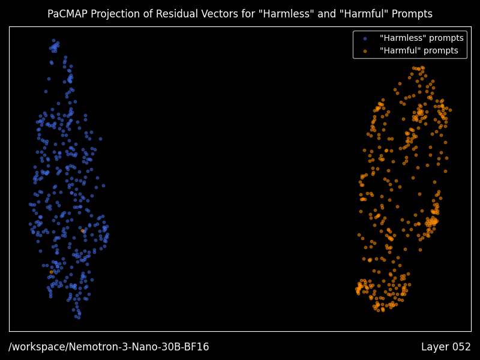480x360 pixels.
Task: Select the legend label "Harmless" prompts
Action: pyautogui.click(x=422, y=38)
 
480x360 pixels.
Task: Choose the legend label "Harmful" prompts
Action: pyautogui.click(x=419, y=50)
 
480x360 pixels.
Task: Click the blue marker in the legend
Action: pyautogui.click(x=365, y=39)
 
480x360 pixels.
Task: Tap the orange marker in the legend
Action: pyautogui.click(x=365, y=52)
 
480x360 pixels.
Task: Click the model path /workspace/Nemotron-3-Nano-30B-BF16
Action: pyautogui.click(x=109, y=347)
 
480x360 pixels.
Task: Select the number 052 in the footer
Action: pyautogui.click(x=460, y=347)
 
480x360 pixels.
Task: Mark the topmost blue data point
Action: pyautogui.click(x=53, y=40)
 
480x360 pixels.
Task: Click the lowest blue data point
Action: pyautogui.click(x=79, y=317)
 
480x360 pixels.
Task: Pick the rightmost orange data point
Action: pyautogui.click(x=450, y=110)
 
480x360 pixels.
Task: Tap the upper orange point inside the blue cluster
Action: pyautogui.click(x=82, y=231)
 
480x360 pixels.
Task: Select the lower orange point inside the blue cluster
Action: pyautogui.click(x=52, y=272)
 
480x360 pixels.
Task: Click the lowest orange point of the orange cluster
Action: pyautogui.click(x=383, y=310)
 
